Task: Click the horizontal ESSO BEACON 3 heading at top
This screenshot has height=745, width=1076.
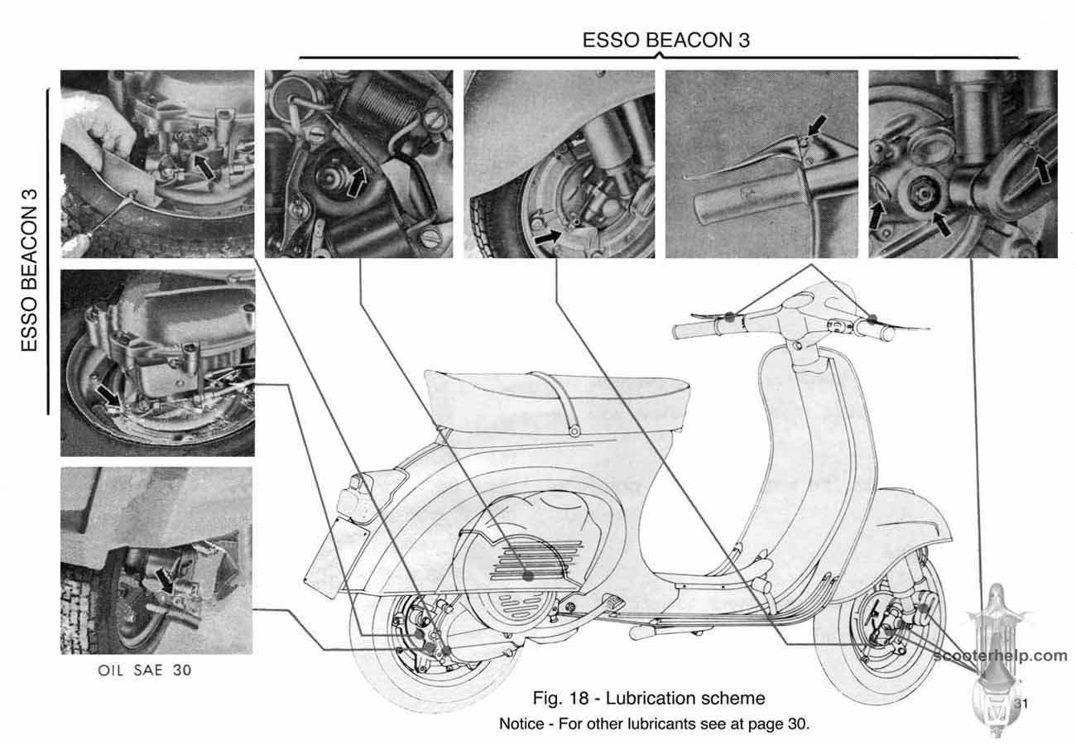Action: (665, 40)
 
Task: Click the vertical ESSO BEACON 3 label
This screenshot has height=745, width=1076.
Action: (29, 271)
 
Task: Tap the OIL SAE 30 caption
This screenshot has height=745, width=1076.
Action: (145, 670)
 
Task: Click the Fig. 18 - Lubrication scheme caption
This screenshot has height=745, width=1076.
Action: (648, 698)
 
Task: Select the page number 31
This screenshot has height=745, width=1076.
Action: (1021, 704)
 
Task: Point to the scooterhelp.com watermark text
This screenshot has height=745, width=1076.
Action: (1000, 655)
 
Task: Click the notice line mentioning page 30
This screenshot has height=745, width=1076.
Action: (654, 723)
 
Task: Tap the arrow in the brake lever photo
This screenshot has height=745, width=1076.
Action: (817, 125)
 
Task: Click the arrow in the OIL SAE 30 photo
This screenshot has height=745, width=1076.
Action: (164, 580)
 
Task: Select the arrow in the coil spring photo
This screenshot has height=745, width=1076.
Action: (356, 181)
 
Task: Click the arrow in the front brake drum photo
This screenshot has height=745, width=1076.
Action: (547, 237)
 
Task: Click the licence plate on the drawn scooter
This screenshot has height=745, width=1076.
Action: (337, 557)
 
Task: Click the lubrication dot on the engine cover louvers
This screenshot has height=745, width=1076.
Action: (528, 575)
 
